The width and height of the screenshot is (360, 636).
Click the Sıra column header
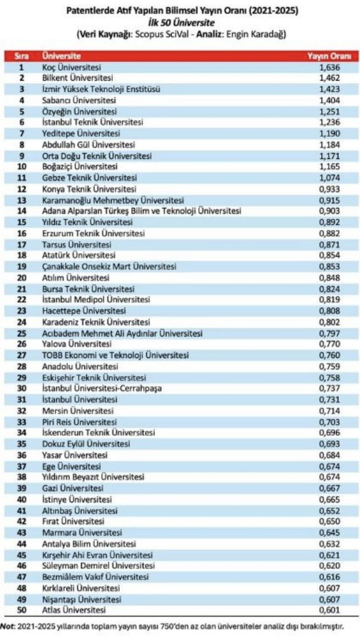coord(21,56)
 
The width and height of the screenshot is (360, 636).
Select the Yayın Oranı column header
coord(329,56)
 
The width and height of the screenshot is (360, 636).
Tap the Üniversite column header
coord(61,56)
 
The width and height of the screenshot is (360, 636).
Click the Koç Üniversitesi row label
coord(72,67)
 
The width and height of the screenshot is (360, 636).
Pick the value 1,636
coord(330,67)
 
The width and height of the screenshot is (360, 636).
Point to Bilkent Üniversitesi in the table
coord(77,78)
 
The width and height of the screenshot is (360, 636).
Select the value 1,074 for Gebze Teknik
coord(330,178)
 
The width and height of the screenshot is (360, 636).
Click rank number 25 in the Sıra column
coord(22,333)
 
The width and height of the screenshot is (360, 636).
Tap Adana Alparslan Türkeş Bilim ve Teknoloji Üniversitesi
coord(141,211)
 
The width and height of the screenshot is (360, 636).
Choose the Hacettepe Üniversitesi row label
coord(84,311)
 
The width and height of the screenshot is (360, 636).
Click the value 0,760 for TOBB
coord(330,355)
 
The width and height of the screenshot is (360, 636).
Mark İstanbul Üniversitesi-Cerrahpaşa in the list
coord(102,388)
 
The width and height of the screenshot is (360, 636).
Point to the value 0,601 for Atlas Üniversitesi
coord(330,610)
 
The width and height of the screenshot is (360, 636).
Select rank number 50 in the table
coord(22,610)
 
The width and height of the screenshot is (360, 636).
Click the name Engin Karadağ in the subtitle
coord(256,34)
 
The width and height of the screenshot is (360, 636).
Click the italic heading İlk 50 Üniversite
coord(181,22)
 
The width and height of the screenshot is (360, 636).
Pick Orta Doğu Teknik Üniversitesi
coord(97,156)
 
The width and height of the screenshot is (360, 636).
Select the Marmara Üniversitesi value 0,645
coord(330,533)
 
